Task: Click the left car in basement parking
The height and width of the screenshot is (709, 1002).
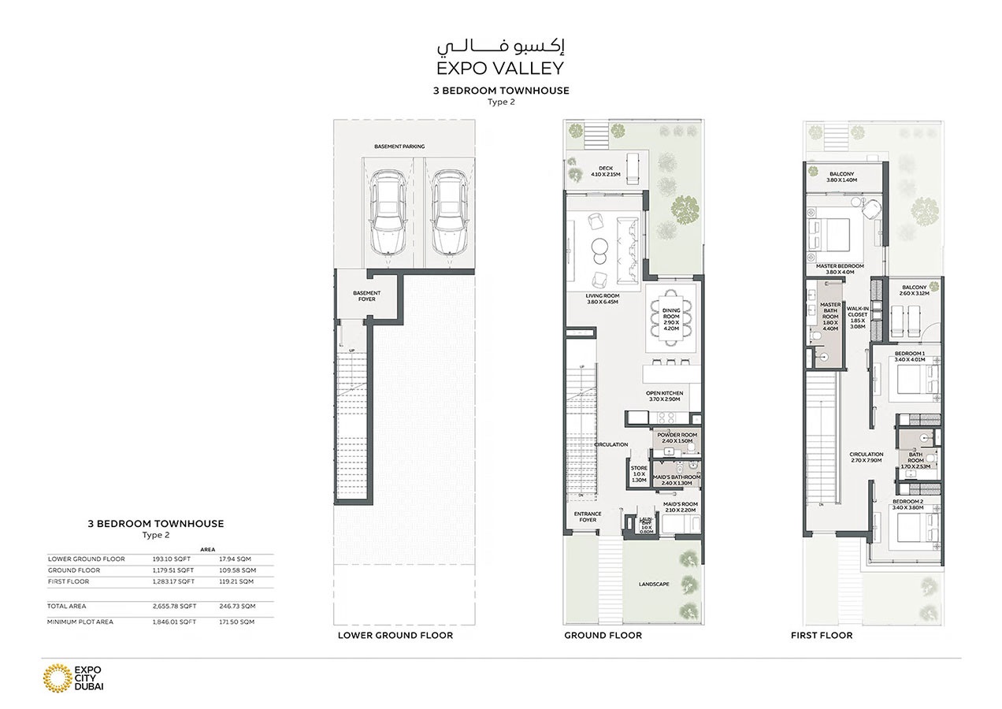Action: tap(388, 213)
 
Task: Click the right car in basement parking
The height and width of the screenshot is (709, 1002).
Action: tap(448, 213)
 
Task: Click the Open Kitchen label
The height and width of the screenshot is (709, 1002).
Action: tap(664, 396)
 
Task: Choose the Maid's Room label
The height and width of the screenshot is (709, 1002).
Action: tap(680, 507)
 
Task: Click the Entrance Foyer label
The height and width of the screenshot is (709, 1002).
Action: tap(588, 517)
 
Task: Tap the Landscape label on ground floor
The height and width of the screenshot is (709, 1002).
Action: tap(654, 584)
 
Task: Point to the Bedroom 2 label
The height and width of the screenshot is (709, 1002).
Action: tap(907, 504)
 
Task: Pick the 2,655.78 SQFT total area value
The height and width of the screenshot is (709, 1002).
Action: tap(174, 607)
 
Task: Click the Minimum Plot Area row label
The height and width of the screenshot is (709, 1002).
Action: tap(80, 622)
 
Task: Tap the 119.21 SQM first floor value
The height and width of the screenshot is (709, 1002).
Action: tap(237, 581)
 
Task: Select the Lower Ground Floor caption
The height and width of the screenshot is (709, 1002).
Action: tap(395, 635)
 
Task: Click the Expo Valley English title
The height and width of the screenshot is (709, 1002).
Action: tap(500, 69)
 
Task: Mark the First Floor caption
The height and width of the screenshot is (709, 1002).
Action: tap(821, 635)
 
